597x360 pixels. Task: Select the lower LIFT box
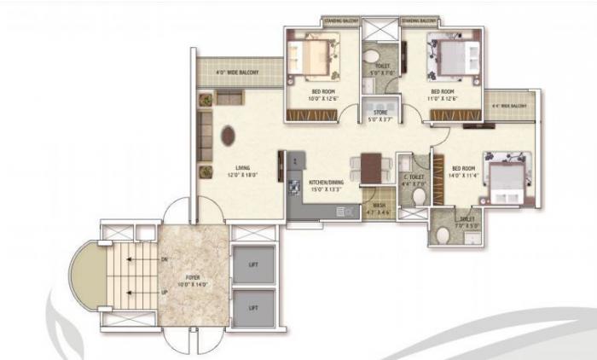click(253, 306)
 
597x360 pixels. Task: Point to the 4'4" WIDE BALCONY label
click(509, 107)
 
